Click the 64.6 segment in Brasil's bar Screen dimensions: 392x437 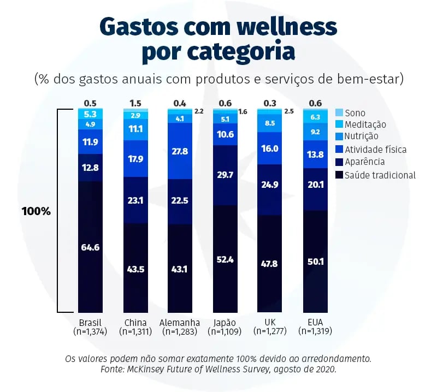point(90,247)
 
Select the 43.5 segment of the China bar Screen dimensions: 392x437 point(135,268)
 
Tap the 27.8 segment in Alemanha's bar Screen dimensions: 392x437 point(180,151)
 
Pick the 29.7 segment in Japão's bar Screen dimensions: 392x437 point(225,175)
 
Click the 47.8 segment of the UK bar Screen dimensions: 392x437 point(270,264)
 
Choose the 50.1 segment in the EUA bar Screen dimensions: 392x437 point(315,262)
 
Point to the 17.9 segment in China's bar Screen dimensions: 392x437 point(135,159)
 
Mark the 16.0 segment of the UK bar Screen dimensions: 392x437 point(270,148)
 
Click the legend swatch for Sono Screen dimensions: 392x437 point(339,112)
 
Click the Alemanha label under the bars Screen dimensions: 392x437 point(180,322)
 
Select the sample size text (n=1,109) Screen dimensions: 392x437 point(225,331)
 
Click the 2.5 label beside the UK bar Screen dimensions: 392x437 point(289,112)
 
